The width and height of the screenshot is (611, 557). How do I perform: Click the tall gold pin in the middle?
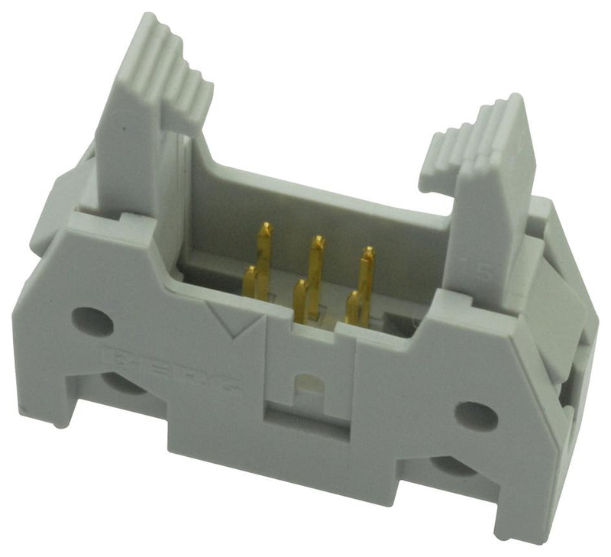[x=315, y=264]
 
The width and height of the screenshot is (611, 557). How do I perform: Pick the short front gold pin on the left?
[x=251, y=283]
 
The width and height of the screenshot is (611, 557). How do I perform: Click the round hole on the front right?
[x=475, y=415]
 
